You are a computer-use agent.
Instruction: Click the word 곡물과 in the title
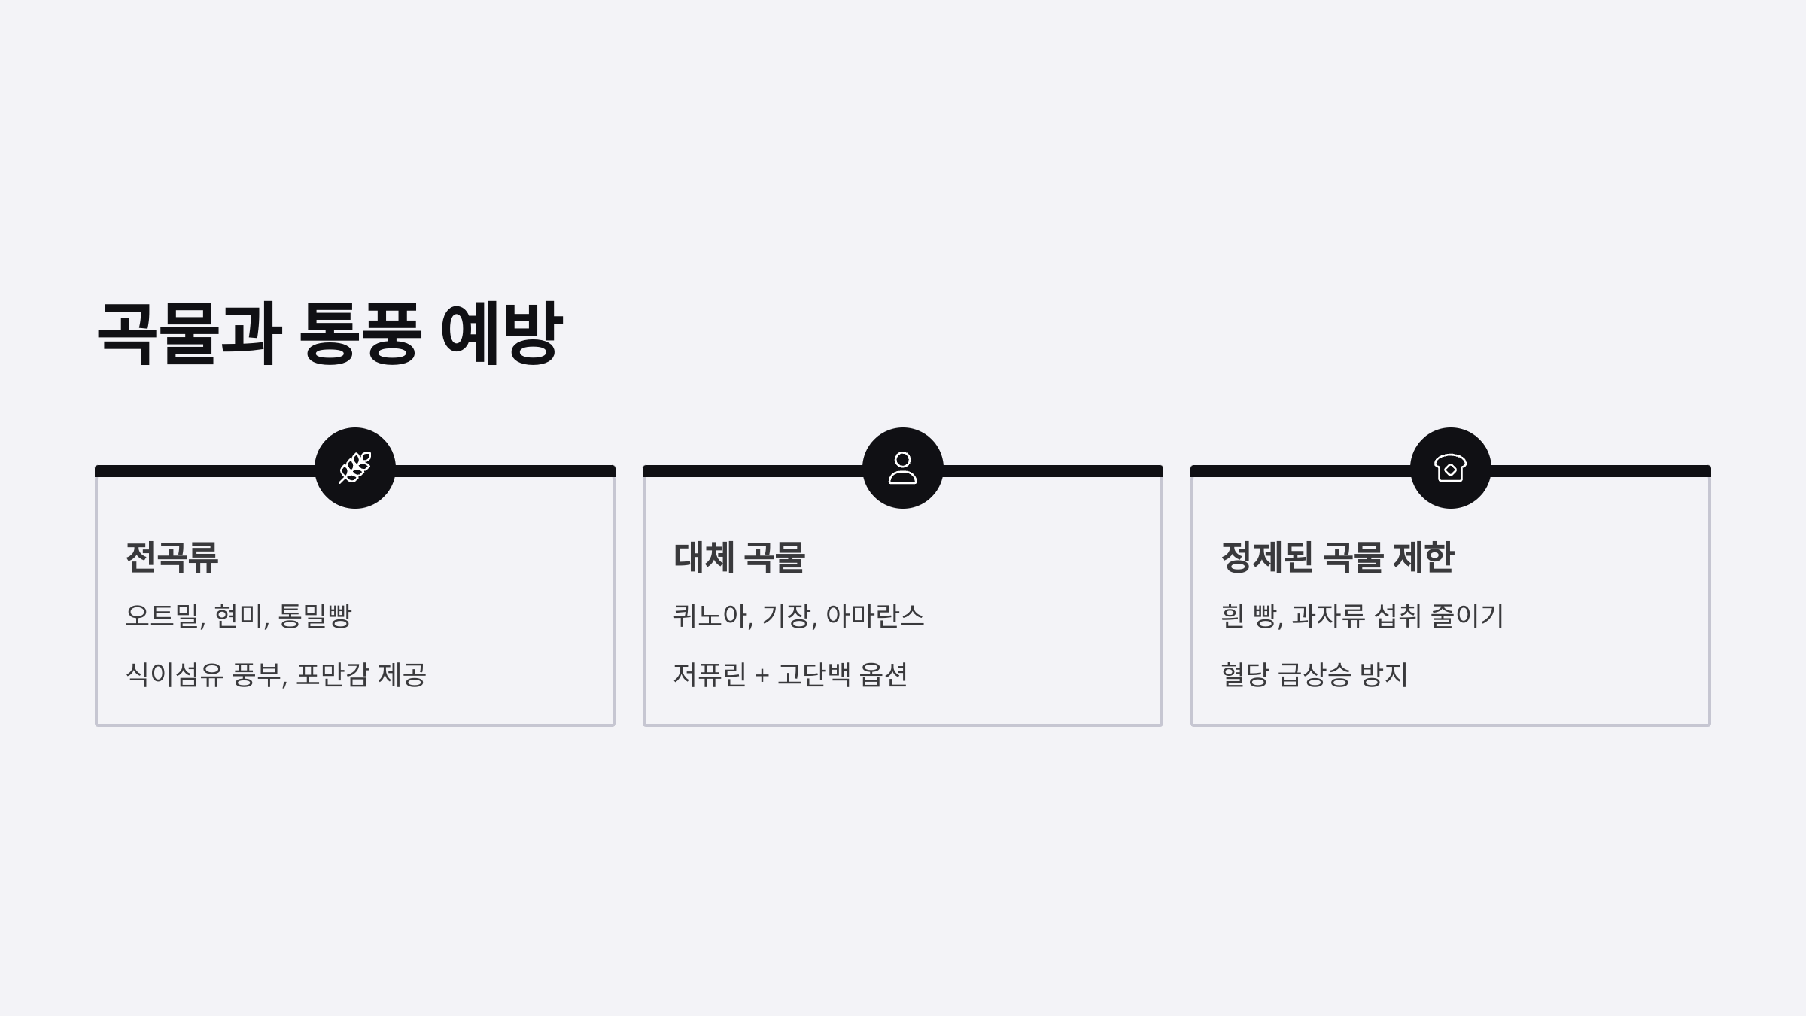pyautogui.click(x=189, y=333)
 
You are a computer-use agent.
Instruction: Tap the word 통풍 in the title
pyautogui.click(x=360, y=333)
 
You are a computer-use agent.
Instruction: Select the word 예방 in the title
pyautogui.click(x=501, y=333)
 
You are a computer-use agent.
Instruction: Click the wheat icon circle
pyautogui.click(x=355, y=468)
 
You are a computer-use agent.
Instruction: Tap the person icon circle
pyautogui.click(x=903, y=468)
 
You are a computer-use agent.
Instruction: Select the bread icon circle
pyautogui.click(x=1451, y=468)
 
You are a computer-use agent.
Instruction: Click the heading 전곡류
pyautogui.click(x=172, y=558)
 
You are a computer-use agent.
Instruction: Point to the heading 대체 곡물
pyautogui.click(x=739, y=558)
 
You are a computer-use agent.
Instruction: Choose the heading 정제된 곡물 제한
pyautogui.click(x=1337, y=558)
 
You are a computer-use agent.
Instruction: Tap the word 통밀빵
pyautogui.click(x=315, y=616)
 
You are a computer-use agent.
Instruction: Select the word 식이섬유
pyautogui.click(x=175, y=675)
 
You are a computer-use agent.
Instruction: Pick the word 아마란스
pyautogui.click(x=875, y=616)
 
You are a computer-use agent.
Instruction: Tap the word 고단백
pyautogui.click(x=814, y=675)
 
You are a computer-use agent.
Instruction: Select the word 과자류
pyautogui.click(x=1328, y=616)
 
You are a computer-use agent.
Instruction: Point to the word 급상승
pyautogui.click(x=1315, y=675)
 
